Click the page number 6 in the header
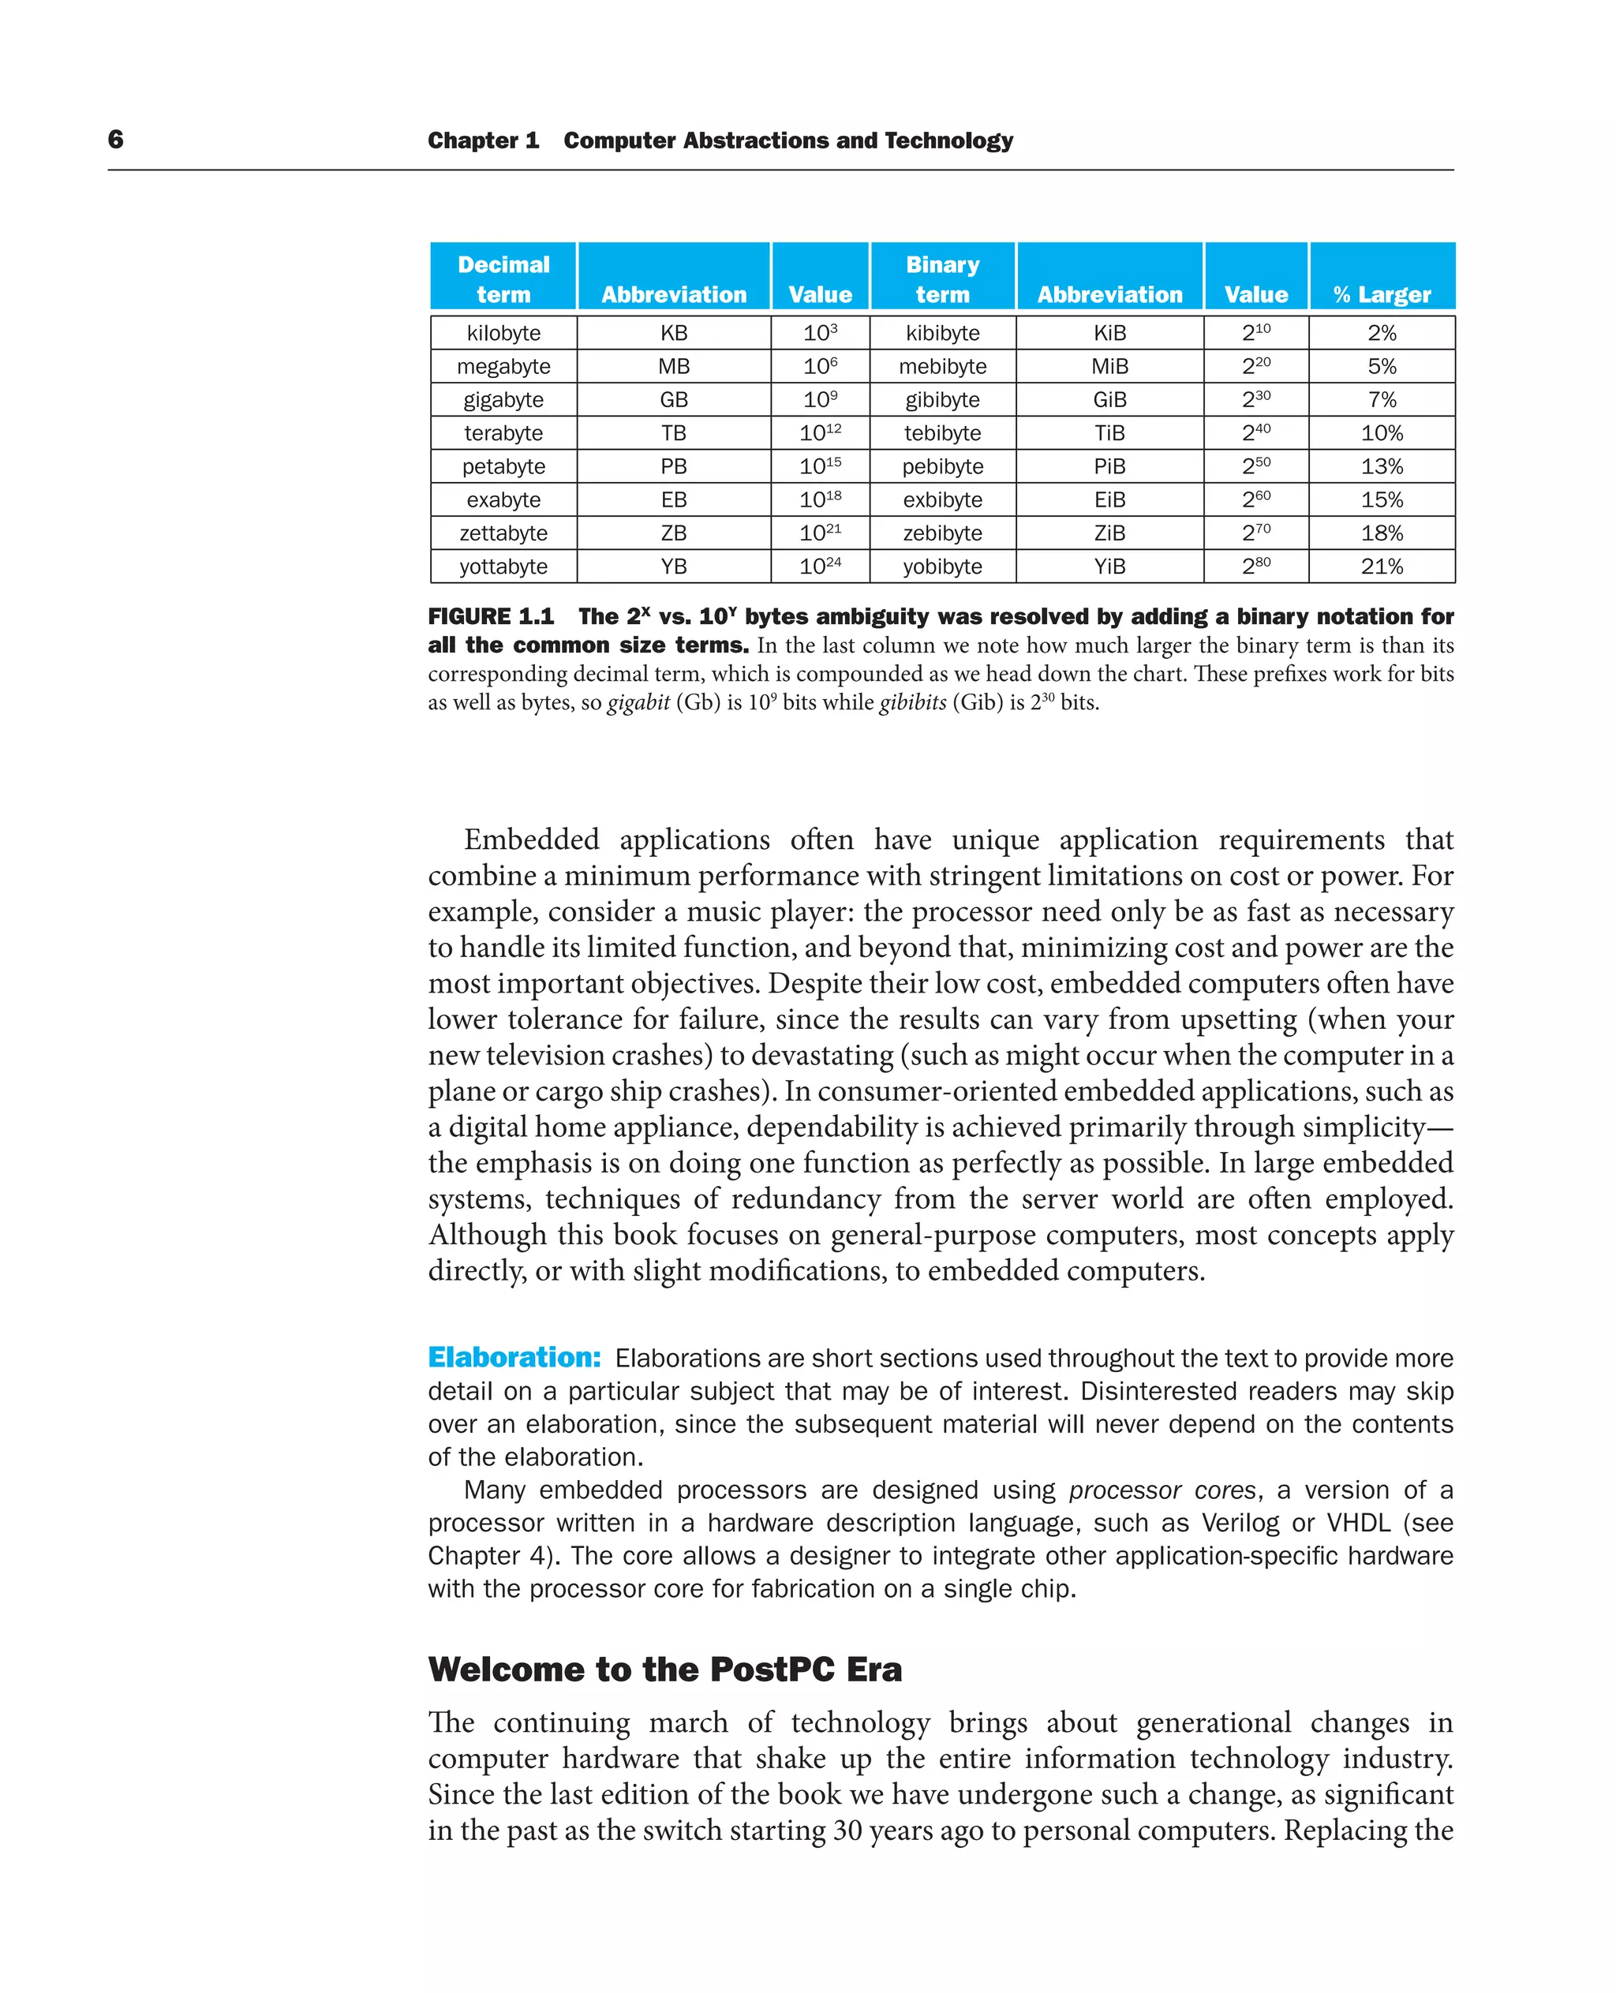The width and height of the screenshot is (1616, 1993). (x=115, y=140)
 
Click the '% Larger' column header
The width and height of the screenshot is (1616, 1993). (x=1382, y=294)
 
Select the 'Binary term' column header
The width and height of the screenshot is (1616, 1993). (x=942, y=279)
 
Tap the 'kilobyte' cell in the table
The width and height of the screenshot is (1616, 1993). (x=503, y=332)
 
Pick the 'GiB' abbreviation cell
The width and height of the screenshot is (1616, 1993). (x=1109, y=399)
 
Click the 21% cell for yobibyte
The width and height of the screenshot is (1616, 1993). (x=1382, y=566)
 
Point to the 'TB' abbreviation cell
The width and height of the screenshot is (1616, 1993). (x=674, y=433)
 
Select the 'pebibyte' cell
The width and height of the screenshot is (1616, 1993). (x=942, y=466)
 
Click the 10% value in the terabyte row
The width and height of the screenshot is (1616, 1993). (x=1382, y=433)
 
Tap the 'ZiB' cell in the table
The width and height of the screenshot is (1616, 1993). (x=1109, y=533)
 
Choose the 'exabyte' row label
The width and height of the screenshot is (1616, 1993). (x=503, y=500)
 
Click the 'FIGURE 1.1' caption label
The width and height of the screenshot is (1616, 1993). (x=491, y=616)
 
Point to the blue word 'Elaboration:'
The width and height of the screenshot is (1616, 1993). (x=514, y=1357)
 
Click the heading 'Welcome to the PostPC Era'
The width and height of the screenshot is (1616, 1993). (x=664, y=1669)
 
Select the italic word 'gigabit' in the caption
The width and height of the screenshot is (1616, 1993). (x=638, y=702)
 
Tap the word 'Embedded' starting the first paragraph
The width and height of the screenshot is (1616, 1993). (x=532, y=839)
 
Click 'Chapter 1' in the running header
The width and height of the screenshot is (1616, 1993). (x=483, y=140)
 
